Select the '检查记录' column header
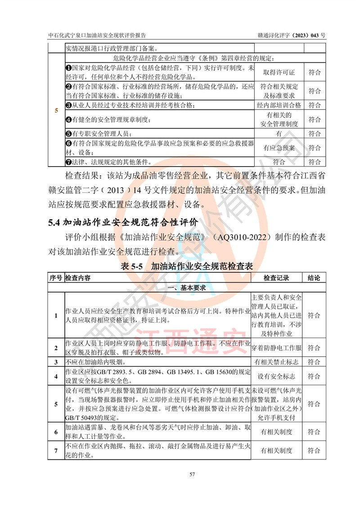(x=277, y=278)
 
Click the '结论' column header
(x=314, y=278)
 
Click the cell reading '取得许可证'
(x=279, y=72)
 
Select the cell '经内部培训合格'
(x=279, y=105)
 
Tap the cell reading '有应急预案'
(x=279, y=148)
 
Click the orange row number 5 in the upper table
(x=56, y=110)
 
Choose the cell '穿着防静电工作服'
(x=277, y=348)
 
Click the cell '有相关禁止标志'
(x=277, y=362)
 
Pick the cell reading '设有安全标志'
(x=277, y=376)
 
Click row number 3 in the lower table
(x=56, y=362)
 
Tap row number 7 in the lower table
(x=56, y=450)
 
